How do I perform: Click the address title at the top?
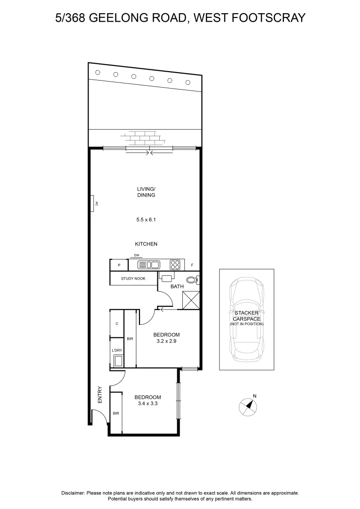tap(180, 18)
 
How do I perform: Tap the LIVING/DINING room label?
tap(146, 192)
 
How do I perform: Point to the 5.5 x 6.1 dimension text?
tap(146, 220)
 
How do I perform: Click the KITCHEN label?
tap(146, 244)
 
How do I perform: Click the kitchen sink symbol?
tap(148, 265)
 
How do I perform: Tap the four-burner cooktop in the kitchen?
tap(175, 265)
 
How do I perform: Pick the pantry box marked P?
tap(119, 265)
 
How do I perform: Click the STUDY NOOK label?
tap(133, 279)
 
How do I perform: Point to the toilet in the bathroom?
tap(192, 279)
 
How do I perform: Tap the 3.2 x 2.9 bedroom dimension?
tap(167, 342)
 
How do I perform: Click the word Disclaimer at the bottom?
tap(73, 493)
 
